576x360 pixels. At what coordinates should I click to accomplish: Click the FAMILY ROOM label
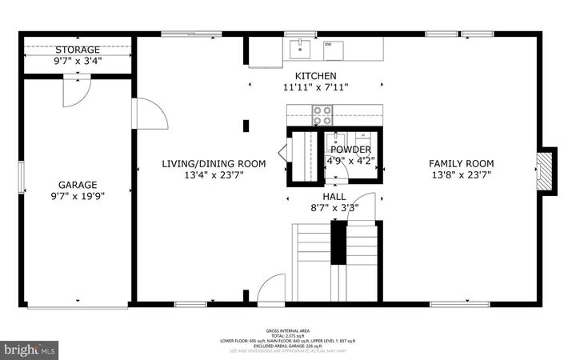point(461,162)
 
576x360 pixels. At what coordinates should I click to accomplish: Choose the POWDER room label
point(350,150)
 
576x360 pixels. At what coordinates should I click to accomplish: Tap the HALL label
point(334,195)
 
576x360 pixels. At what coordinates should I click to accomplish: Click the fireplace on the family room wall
point(546,170)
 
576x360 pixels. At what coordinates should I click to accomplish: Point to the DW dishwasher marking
point(328,46)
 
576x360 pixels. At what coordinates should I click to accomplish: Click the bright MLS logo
point(30,349)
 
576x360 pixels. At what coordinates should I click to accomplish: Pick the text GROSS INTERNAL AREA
point(288,330)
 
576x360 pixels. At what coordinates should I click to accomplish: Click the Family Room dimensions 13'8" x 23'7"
point(461,174)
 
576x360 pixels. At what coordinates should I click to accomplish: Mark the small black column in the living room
point(246,125)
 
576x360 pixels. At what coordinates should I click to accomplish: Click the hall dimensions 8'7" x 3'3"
point(334,207)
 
